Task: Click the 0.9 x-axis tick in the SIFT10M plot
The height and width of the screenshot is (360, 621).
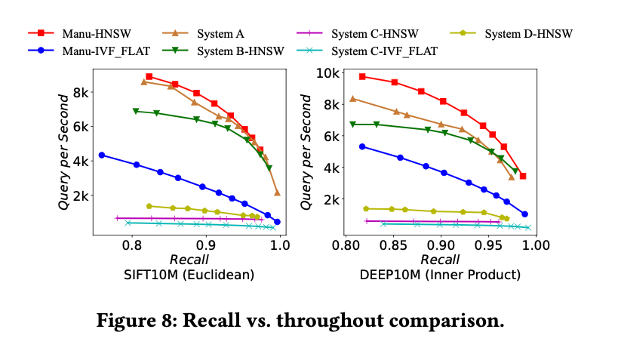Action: tap(206, 245)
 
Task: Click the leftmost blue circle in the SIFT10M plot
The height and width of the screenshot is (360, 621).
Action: tap(102, 155)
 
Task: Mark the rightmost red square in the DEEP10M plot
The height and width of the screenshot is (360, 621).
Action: tap(523, 176)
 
